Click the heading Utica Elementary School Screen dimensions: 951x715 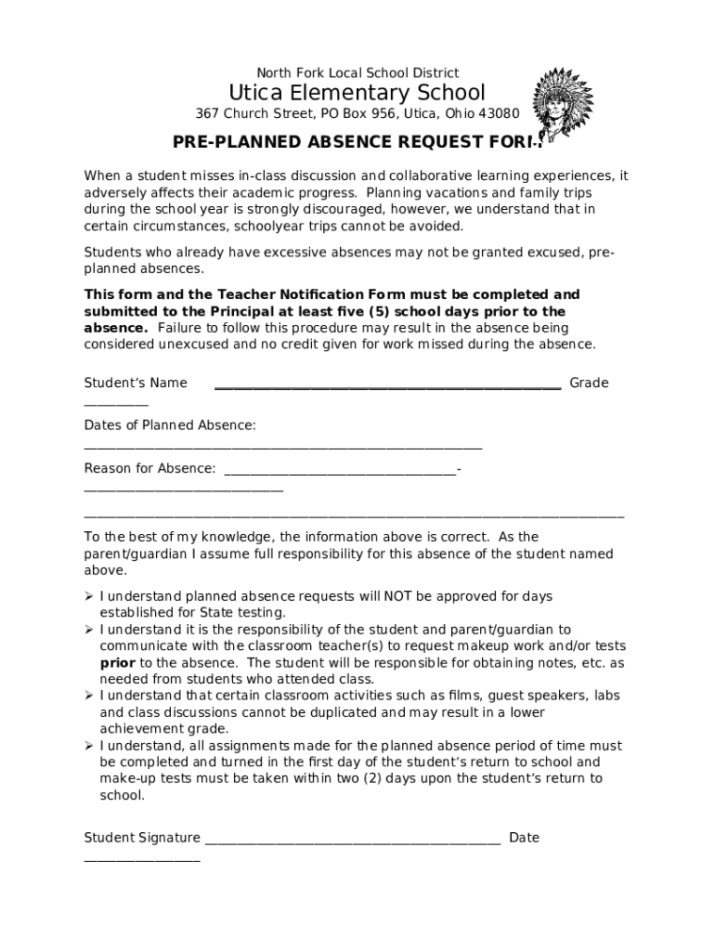(357, 93)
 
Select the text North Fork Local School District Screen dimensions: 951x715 (357, 72)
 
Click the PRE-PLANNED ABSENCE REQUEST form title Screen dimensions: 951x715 (357, 142)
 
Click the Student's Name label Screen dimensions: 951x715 (136, 383)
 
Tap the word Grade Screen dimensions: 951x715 (589, 383)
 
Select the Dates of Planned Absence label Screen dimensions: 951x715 (170, 425)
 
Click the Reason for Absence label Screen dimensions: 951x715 (149, 468)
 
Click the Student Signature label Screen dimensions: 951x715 (142, 838)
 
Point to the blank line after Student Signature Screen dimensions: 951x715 (353, 840)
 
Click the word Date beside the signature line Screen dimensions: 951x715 (524, 838)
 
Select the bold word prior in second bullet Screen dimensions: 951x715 (117, 663)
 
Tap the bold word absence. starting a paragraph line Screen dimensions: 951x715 (115, 328)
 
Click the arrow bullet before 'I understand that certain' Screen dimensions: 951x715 (89, 696)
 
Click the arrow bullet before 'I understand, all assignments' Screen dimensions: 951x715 (89, 746)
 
